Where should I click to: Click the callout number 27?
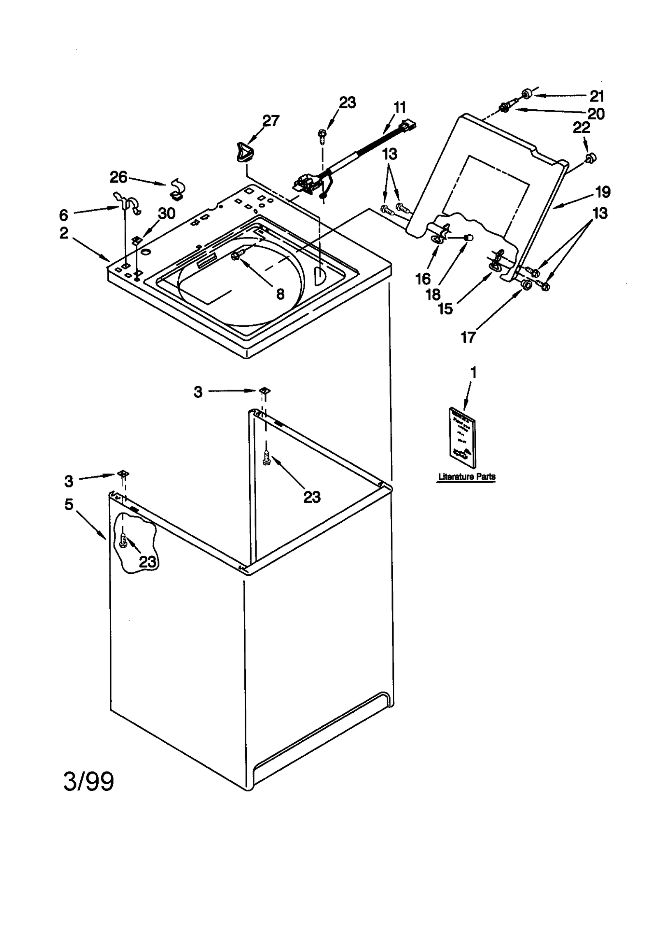click(271, 120)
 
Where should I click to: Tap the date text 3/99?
click(88, 782)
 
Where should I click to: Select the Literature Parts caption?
click(466, 477)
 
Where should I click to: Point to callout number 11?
click(399, 107)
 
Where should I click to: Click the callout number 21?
click(597, 96)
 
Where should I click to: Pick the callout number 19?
click(603, 192)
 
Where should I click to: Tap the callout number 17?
click(468, 337)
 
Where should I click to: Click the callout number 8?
click(280, 294)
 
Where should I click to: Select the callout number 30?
click(167, 213)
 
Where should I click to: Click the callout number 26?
click(118, 177)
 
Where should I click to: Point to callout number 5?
click(69, 504)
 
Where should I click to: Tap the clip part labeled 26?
click(178, 190)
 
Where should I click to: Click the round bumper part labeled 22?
click(591, 157)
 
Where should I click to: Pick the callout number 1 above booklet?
click(473, 372)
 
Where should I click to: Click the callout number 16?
click(422, 279)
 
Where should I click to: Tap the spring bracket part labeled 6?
click(128, 203)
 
